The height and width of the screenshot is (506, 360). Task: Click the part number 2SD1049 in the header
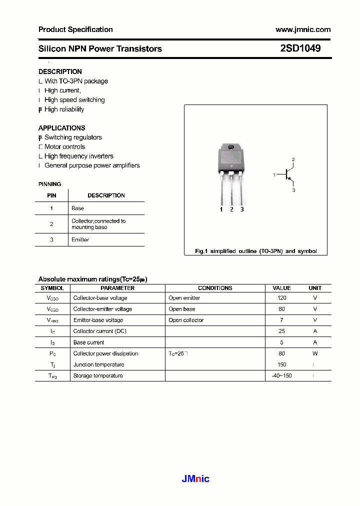click(x=300, y=48)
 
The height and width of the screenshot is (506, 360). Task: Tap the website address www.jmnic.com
click(x=303, y=29)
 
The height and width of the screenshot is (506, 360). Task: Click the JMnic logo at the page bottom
click(x=195, y=479)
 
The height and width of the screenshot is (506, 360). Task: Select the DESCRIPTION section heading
click(x=60, y=71)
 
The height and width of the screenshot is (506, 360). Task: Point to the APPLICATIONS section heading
click(x=61, y=128)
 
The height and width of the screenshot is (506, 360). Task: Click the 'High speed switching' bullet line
click(x=74, y=100)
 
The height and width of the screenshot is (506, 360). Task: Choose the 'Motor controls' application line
click(x=64, y=147)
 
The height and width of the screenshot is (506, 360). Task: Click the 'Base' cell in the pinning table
click(x=78, y=208)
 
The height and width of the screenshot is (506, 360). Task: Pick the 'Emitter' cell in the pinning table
click(x=80, y=240)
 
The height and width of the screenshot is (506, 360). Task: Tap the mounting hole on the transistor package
click(x=231, y=147)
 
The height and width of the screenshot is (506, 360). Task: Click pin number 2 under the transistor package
click(x=231, y=209)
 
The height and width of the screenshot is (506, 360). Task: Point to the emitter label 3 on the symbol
click(x=293, y=190)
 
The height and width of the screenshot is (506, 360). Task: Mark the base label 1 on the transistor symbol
click(x=274, y=174)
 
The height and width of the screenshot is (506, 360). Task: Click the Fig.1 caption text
click(x=255, y=251)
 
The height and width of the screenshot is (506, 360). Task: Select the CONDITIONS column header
click(x=215, y=288)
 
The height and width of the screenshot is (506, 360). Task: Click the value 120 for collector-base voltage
click(x=281, y=298)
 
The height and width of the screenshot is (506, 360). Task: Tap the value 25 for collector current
click(x=281, y=331)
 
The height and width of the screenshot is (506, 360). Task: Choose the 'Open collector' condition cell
click(x=186, y=320)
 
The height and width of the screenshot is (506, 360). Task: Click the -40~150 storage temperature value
click(x=281, y=376)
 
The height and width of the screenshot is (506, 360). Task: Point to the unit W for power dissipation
click(x=315, y=353)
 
